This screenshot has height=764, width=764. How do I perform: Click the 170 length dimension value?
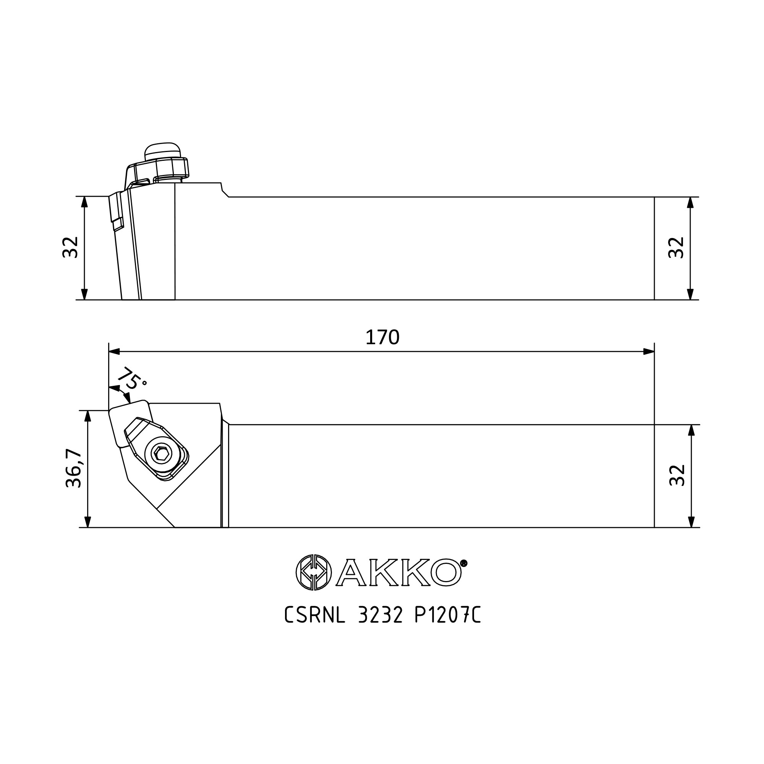click(382, 337)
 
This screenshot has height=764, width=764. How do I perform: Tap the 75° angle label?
click(132, 379)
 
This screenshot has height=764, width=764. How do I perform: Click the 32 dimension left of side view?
click(70, 247)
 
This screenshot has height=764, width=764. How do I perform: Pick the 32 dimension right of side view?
click(676, 248)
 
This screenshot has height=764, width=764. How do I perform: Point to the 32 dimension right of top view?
click(677, 475)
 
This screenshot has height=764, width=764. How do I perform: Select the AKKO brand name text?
click(398, 572)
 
